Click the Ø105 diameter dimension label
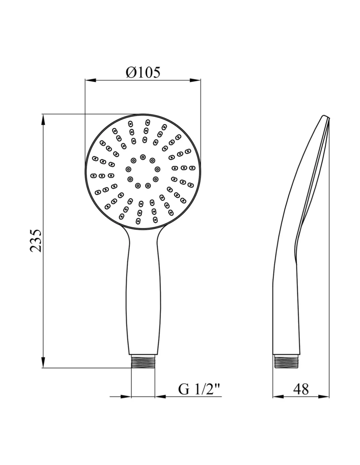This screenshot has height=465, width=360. coord(143,72)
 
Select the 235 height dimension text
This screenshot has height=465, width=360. coord(36,241)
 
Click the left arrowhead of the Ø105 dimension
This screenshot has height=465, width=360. coord(90,80)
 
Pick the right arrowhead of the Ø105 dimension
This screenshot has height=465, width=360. coord(195,80)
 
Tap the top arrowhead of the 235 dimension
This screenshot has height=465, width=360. coord(43,119)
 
